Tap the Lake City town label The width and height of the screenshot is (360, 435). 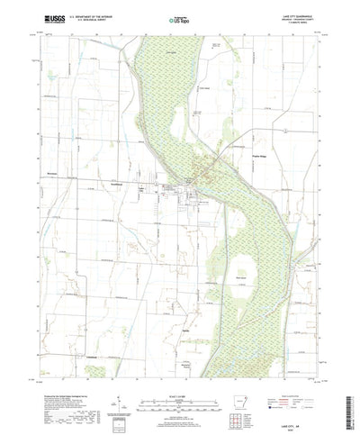(166, 187)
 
